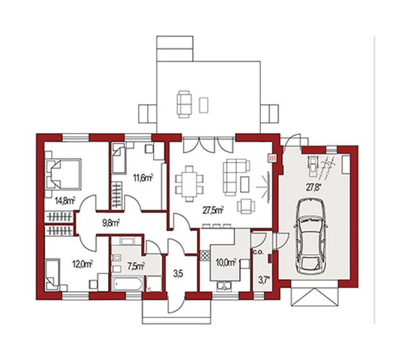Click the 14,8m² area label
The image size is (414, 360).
point(65,201)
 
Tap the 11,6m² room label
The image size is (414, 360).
point(143,178)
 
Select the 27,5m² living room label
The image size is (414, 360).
point(213,210)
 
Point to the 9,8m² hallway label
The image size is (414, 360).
point(111,223)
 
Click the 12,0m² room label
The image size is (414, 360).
point(82,263)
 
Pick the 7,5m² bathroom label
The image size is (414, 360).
point(136,266)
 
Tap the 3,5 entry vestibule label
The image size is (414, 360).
point(178,274)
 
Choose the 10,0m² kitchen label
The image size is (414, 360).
point(226,263)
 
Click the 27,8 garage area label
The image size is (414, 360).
point(314,188)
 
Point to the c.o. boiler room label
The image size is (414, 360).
point(258,252)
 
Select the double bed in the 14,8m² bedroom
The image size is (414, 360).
point(63,174)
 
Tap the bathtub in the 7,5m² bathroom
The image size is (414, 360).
point(127,284)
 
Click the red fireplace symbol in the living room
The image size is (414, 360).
point(272,158)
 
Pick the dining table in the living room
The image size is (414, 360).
point(189,183)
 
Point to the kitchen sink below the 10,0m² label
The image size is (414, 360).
point(224,286)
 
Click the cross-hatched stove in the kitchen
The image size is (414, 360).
point(205,255)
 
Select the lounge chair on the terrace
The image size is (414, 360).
point(184,104)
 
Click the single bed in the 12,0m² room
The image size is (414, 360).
point(52,275)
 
